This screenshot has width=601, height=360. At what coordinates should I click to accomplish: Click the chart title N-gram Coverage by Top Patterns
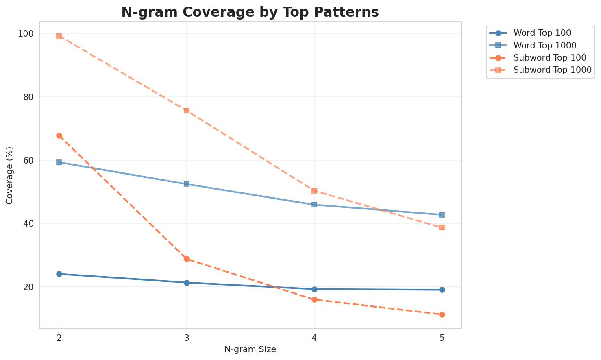[x=250, y=12]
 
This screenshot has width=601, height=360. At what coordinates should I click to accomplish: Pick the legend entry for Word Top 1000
[x=545, y=45]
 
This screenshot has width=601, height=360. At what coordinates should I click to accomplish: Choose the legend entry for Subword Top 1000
[x=552, y=70]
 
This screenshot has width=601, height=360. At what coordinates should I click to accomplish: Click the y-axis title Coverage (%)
[x=10, y=175]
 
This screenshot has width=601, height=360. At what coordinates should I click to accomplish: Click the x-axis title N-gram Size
[x=250, y=349]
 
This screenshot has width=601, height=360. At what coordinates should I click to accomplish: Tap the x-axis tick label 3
[x=187, y=338]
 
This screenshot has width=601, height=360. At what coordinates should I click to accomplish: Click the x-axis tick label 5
[x=442, y=338]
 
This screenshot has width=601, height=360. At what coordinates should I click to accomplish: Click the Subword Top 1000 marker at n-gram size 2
[x=59, y=36]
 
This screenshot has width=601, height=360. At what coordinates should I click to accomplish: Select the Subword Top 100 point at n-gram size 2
[x=59, y=135]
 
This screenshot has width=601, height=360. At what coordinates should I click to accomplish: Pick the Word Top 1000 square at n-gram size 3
[x=187, y=184]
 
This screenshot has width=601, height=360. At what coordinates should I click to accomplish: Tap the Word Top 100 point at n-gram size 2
[x=59, y=274]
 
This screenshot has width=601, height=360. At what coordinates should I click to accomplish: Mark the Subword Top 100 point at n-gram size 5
[x=442, y=314]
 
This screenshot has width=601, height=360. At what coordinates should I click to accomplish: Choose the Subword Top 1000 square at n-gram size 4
[x=314, y=191]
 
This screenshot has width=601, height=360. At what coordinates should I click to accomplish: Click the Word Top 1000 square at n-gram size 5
[x=442, y=215]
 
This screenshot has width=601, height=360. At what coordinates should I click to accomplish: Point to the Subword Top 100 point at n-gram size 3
[x=187, y=259]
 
